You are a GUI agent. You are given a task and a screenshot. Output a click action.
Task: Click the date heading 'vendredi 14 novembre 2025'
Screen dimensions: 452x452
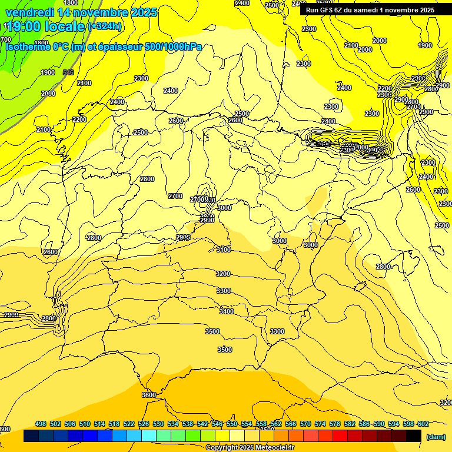(x=81, y=12)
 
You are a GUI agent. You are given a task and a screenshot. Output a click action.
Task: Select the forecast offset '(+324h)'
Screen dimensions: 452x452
(x=105, y=26)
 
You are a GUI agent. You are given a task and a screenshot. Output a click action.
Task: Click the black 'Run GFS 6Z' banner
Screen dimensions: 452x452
(x=370, y=10)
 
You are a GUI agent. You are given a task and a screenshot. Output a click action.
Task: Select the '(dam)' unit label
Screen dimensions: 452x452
(x=436, y=436)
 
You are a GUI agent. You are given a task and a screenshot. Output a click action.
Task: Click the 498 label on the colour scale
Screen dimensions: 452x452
(x=41, y=424)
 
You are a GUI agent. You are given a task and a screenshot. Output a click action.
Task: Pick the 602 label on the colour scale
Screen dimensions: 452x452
(x=423, y=424)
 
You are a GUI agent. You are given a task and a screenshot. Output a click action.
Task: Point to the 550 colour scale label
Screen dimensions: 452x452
(x=232, y=424)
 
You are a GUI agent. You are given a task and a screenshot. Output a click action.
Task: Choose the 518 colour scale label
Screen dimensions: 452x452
(x=114, y=424)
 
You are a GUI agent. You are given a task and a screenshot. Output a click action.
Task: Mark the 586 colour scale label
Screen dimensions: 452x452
(x=364, y=424)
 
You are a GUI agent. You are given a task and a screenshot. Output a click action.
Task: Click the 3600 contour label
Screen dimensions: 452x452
(x=149, y=395)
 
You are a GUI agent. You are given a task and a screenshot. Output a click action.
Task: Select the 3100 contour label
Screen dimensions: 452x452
(x=223, y=250)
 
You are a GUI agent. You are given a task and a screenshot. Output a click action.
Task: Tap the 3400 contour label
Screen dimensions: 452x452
(x=226, y=311)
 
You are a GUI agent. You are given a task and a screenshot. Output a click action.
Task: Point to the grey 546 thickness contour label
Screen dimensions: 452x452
(x=68, y=72)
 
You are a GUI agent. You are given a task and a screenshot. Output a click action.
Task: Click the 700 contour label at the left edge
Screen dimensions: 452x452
(x=5, y=39)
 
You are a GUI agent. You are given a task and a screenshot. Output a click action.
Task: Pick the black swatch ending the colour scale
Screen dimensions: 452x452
(x=414, y=436)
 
